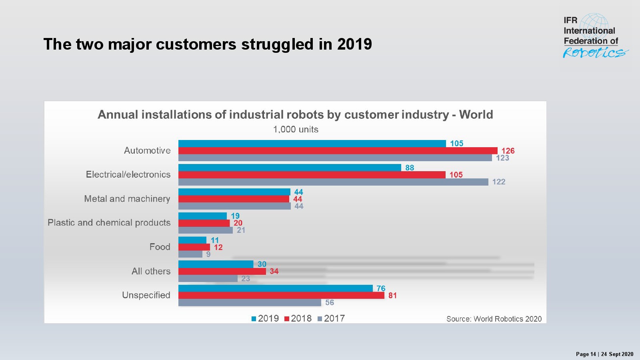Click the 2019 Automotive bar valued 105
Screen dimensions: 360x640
(312, 144)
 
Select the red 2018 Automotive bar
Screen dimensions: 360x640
(338, 151)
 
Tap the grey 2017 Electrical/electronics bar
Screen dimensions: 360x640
(333, 182)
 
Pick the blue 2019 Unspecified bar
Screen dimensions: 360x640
(276, 288)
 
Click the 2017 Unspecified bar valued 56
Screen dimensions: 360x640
(250, 303)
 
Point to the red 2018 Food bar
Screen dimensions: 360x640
(194, 247)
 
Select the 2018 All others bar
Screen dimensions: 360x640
(222, 271)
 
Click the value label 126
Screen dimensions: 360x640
(508, 151)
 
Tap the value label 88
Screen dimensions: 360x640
(410, 168)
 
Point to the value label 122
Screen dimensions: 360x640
(499, 182)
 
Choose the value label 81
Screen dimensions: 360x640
(392, 296)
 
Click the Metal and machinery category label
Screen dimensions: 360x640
(127, 199)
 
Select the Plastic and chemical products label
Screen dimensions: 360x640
(109, 223)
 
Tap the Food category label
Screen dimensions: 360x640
(160, 247)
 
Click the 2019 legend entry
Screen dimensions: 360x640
(265, 318)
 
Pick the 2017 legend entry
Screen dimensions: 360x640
(331, 318)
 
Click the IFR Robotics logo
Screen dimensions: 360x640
(594, 37)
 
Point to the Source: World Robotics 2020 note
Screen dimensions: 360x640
(494, 319)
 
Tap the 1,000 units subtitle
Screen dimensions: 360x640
(296, 130)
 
